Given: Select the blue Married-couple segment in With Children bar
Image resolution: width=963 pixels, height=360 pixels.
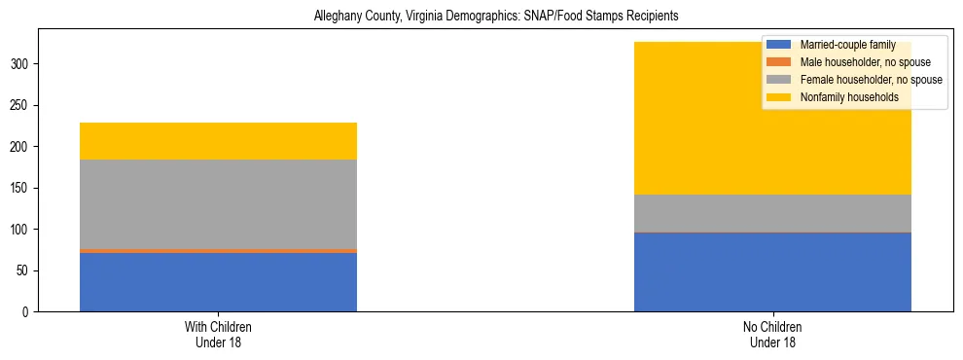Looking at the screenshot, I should coord(218,282).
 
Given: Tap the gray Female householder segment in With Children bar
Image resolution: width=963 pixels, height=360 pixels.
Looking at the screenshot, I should coord(218,204).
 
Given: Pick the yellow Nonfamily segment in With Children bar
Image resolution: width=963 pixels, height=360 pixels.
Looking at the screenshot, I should coord(218,141).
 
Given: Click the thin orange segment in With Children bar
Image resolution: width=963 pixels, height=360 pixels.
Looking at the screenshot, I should coord(218,251).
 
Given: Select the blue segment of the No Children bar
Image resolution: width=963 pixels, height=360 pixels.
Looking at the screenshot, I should coord(772,272).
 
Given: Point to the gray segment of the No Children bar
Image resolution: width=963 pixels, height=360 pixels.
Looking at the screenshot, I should coord(772,213).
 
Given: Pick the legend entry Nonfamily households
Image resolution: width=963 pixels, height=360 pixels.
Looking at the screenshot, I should coord(842,97).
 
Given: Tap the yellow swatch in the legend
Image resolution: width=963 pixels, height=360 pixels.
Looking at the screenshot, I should coord(779,97).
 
